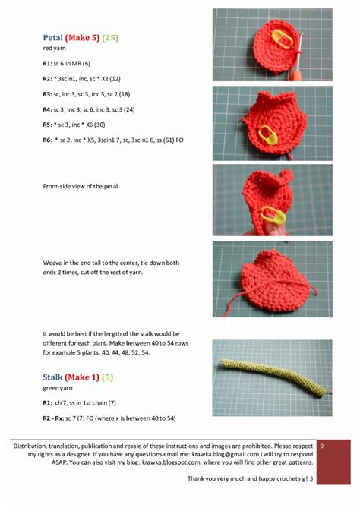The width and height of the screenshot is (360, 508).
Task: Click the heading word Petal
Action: [x=52, y=37]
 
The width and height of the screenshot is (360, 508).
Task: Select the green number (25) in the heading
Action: [x=110, y=37]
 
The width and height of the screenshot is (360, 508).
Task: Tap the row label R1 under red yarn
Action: [x=47, y=63]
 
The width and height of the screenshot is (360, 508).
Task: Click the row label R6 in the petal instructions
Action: [x=47, y=140]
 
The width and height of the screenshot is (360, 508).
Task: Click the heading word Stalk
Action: [x=52, y=377]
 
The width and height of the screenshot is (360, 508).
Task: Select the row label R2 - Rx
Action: [x=55, y=418]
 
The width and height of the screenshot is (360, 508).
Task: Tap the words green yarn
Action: [x=59, y=389]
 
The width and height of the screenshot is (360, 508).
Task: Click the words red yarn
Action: [x=54, y=49]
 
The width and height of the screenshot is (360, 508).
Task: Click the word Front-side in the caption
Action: [x=58, y=186]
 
